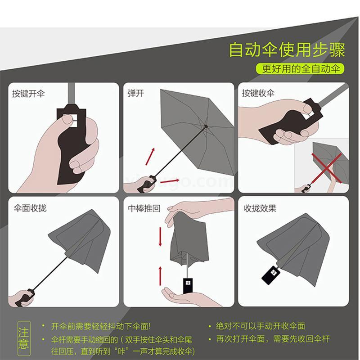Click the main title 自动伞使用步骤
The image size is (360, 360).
[x=287, y=49]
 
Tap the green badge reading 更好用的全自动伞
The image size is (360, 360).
[x=300, y=69]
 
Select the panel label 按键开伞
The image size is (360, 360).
[x=28, y=94]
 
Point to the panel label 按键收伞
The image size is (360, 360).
[x=258, y=93]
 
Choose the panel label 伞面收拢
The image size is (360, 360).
[x=30, y=208]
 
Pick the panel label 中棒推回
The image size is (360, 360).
[x=144, y=208]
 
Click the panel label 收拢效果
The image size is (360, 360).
[x=260, y=208]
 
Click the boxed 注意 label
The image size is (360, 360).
[x=24, y=338]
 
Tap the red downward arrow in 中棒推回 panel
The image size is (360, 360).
[x=160, y=237]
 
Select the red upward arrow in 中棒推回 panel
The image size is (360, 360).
[x=160, y=276]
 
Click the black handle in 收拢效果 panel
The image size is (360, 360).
[x=271, y=274]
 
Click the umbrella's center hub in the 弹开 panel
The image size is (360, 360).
[x=206, y=126]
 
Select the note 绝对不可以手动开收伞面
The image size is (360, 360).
[x=261, y=326]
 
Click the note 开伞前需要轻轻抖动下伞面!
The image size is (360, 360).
[x=101, y=326]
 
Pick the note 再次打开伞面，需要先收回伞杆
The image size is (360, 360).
[x=273, y=339]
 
